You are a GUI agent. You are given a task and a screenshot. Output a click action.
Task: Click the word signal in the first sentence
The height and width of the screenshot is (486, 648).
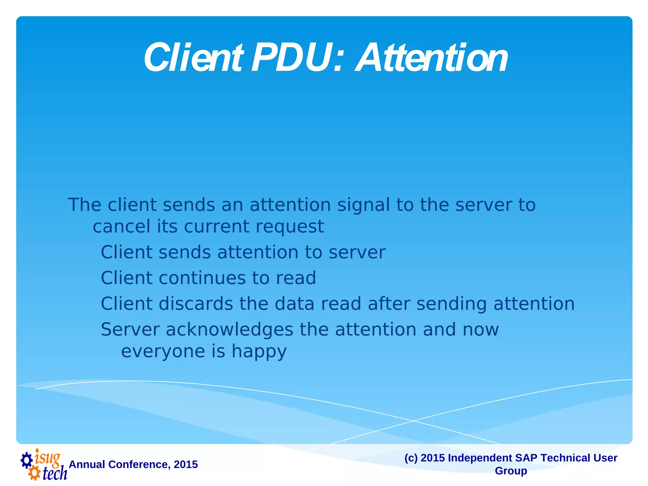tap(363, 205)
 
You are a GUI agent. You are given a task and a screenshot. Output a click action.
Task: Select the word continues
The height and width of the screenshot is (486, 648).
tap(202, 278)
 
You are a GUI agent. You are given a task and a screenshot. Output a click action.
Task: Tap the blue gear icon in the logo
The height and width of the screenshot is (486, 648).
tap(27, 460)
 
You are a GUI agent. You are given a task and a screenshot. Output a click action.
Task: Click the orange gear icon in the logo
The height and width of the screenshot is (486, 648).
tap(34, 474)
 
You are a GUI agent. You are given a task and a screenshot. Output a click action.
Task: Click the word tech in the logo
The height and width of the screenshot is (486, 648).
tap(55, 473)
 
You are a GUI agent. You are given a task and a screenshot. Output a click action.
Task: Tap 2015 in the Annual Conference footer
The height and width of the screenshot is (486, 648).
tap(186, 464)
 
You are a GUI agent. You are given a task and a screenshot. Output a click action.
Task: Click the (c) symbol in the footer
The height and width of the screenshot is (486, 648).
tap(411, 458)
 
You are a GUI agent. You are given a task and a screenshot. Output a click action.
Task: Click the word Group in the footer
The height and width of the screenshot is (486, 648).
tap(511, 471)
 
